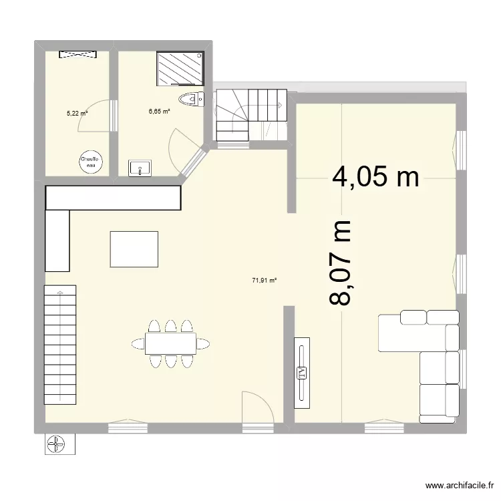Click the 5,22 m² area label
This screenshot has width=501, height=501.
click(x=77, y=114)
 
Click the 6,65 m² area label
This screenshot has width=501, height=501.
click(x=159, y=112)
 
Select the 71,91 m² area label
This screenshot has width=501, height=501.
click(x=264, y=281)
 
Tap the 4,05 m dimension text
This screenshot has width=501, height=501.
click(x=376, y=177)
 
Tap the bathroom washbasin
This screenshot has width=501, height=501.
click(x=140, y=167)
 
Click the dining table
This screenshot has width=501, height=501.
click(x=170, y=343)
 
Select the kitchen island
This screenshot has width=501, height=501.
click(x=134, y=249)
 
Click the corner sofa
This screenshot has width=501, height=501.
click(x=428, y=354)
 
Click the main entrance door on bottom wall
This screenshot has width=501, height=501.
click(x=257, y=411)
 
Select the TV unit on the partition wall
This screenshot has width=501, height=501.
click(x=302, y=372)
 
